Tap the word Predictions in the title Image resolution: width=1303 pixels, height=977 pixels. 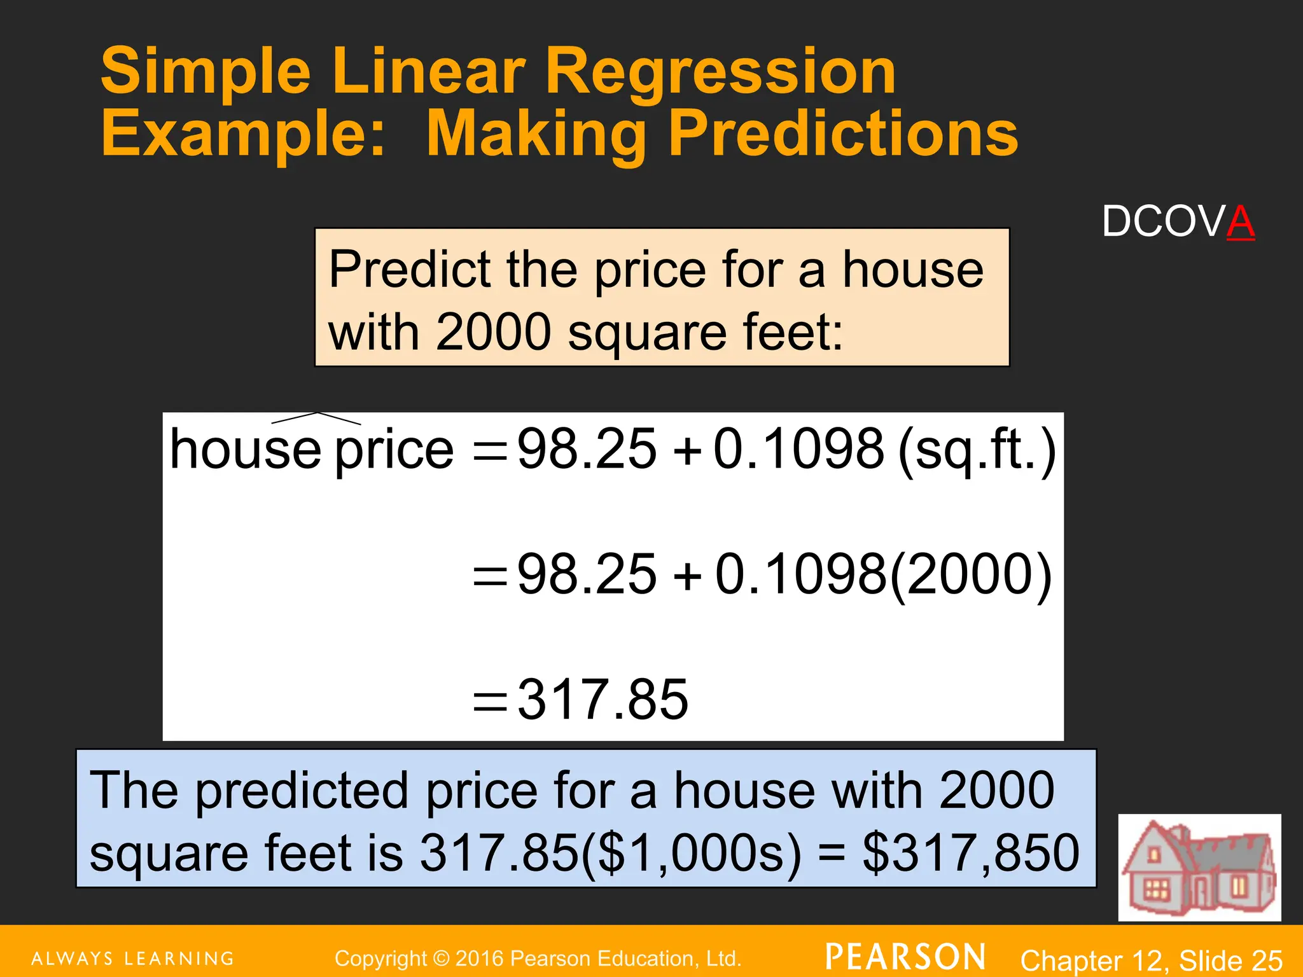pos(843,134)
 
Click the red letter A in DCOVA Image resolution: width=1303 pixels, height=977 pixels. pos(1240,222)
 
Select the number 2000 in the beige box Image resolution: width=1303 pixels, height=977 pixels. pos(493,332)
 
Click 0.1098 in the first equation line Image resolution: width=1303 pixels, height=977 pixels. pos(798,449)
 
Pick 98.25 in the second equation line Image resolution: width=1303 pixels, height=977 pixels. pos(587,574)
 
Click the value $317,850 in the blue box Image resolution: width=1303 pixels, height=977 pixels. pos(970,853)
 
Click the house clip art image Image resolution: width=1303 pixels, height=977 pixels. pos(1199,867)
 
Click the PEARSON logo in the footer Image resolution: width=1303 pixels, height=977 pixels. pos(905,957)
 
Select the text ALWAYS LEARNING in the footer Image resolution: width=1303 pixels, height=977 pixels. pos(133,959)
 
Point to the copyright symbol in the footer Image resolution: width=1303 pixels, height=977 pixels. pos(441,959)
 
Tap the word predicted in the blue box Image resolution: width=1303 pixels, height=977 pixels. pos(302,791)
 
